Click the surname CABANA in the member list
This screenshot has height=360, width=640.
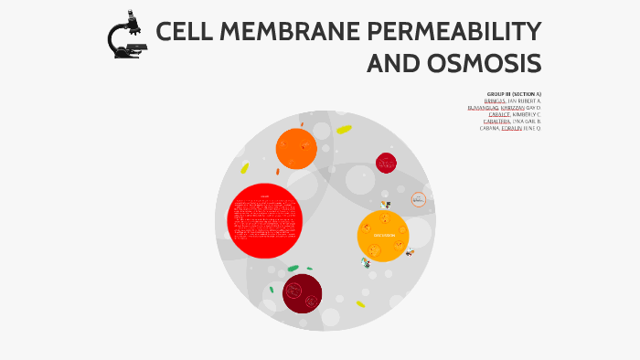coord(489,128)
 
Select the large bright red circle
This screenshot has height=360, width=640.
coord(264,220)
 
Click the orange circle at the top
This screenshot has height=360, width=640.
coord(295,148)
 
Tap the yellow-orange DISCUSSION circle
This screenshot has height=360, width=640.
coord(383,236)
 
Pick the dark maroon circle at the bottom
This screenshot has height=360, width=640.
coord(302,293)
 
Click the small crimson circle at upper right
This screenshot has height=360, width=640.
coord(386,163)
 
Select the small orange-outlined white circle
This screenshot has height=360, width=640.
coord(419,199)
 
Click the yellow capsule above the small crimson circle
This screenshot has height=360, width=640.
coord(344,130)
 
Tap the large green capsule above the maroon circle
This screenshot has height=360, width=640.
coord(293,269)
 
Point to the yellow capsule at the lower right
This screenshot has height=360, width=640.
coord(360,304)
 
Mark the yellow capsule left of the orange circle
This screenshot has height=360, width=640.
coord(244,168)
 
